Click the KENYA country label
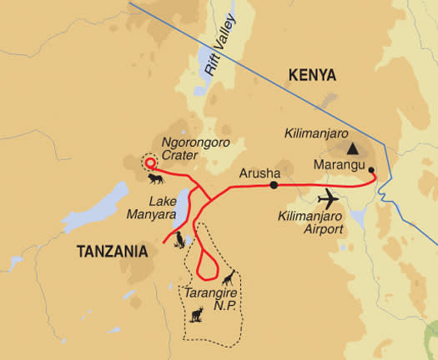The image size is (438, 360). point(312,76)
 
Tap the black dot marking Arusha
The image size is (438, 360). point(274,185)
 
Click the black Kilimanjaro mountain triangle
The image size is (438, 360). point(354,149)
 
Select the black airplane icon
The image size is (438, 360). point(331,201)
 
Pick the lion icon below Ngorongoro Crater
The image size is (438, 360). point(156,179)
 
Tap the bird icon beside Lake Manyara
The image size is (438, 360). point(179,240)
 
